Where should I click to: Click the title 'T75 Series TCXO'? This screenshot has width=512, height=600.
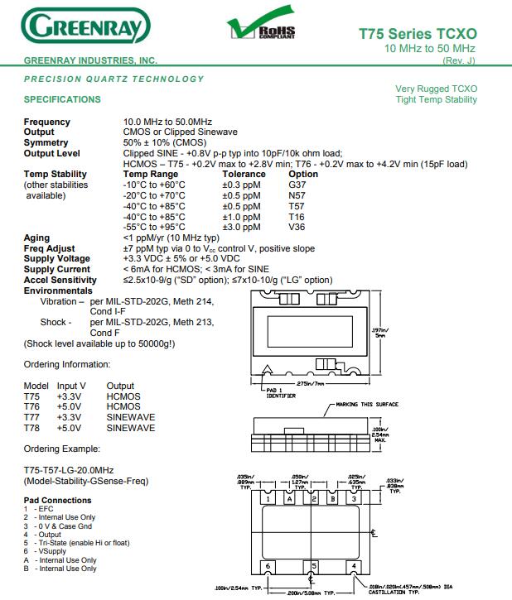click(x=418, y=34)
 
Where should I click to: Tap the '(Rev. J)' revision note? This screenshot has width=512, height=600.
click(x=460, y=61)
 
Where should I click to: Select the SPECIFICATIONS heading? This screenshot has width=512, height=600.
click(x=62, y=99)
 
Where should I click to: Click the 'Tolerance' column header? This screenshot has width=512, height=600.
click(x=244, y=174)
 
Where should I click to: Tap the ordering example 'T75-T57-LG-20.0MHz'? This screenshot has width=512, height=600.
click(x=71, y=470)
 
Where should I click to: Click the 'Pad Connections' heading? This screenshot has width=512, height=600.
click(x=57, y=501)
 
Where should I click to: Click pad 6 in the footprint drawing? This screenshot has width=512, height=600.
click(x=268, y=566)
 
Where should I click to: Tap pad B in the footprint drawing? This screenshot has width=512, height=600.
click(x=332, y=499)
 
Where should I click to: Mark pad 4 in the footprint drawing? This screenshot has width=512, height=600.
click(x=355, y=566)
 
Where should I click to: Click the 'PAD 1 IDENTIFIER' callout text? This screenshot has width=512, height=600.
click(x=282, y=393)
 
